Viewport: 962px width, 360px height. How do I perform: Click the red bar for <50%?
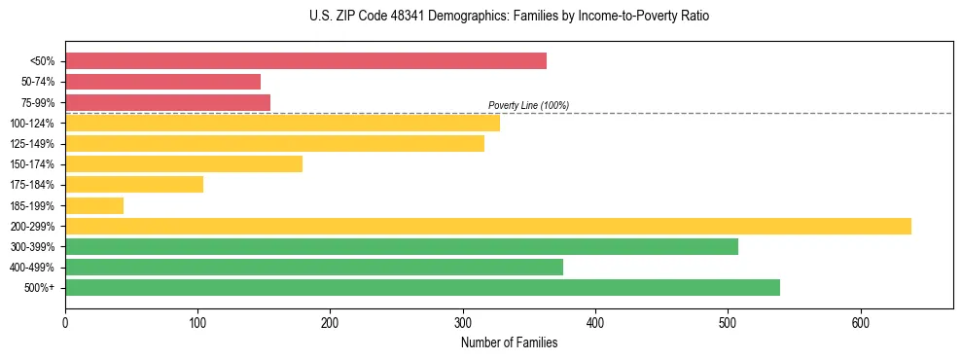[x=305, y=61]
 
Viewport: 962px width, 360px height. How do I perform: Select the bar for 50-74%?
[x=162, y=82]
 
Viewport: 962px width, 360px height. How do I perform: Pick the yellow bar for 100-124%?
[x=282, y=123]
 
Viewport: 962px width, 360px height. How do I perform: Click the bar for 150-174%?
[x=184, y=163]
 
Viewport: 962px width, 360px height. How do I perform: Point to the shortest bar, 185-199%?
[x=94, y=205]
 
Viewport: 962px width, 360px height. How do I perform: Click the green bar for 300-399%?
[x=402, y=246]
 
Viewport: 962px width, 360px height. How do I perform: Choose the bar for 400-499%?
[x=314, y=267]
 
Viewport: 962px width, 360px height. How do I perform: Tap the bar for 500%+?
[x=422, y=287]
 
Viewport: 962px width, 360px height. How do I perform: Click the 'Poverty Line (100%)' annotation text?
[x=528, y=105]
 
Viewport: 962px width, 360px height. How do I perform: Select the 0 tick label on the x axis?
[x=65, y=322]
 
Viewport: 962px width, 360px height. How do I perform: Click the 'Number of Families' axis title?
[x=509, y=342]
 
